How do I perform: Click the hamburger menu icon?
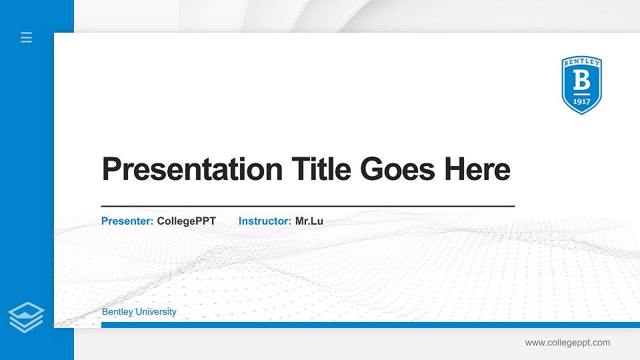(27, 37)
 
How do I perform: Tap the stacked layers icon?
(26, 317)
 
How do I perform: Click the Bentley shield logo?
(581, 85)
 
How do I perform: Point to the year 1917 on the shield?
(582, 101)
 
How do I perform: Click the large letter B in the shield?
(582, 81)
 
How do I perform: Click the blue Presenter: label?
(127, 221)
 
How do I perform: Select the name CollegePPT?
(187, 221)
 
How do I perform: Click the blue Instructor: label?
(265, 221)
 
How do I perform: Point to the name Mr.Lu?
(309, 221)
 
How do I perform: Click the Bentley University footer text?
(139, 312)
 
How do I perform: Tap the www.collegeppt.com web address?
(567, 343)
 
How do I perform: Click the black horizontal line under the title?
(308, 207)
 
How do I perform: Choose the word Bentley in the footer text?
(117, 312)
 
